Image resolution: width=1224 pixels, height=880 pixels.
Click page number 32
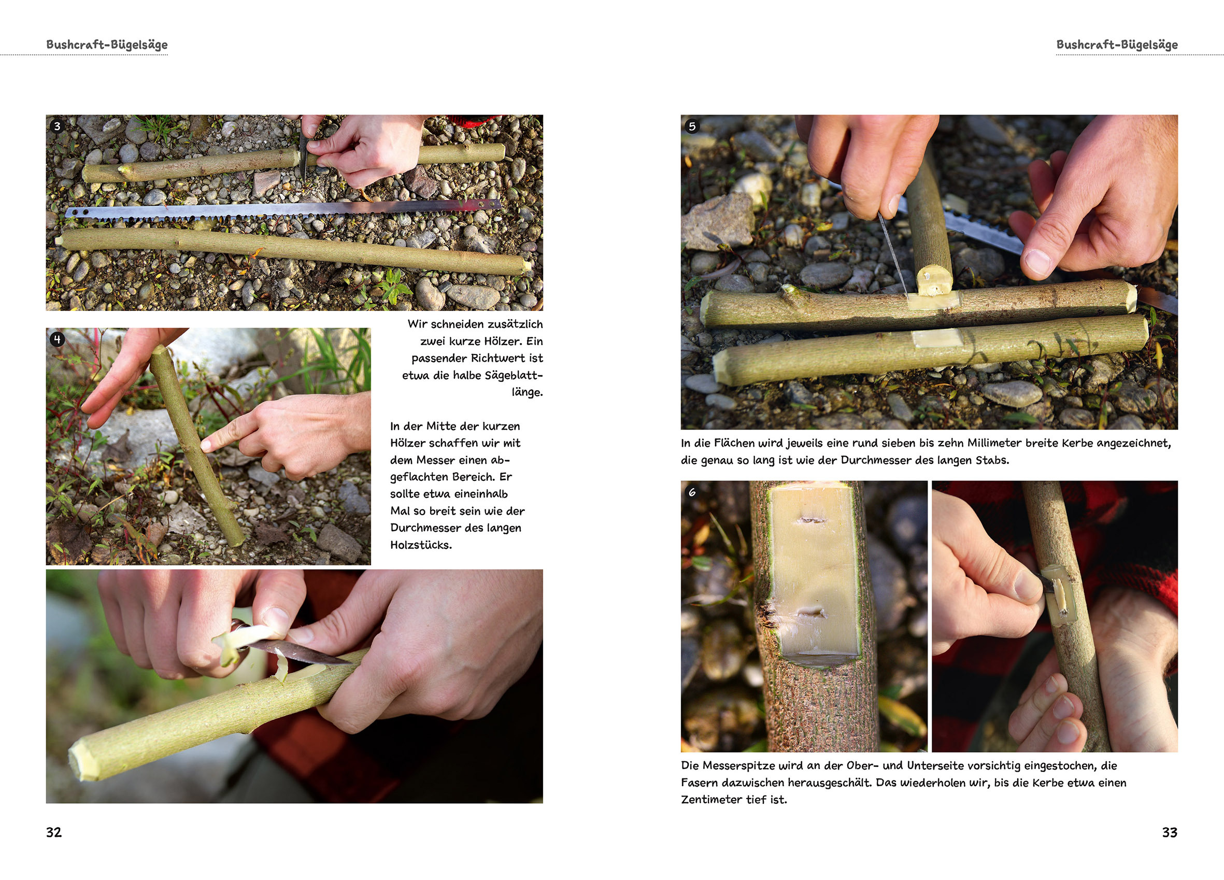pos(54,832)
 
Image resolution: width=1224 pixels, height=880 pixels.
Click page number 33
pos(1170,832)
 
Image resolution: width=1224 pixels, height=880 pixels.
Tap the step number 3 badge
pos(57,126)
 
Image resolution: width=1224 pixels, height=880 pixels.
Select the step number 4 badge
pos(57,339)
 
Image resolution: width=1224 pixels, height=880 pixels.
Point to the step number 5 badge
pos(692,126)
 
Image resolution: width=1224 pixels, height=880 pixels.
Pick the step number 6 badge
pos(692,492)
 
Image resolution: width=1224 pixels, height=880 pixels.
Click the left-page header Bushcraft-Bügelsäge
pos(107,45)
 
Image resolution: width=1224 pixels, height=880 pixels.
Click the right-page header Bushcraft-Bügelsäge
pos(1117,45)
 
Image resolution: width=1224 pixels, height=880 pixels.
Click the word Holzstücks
pos(421,545)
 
